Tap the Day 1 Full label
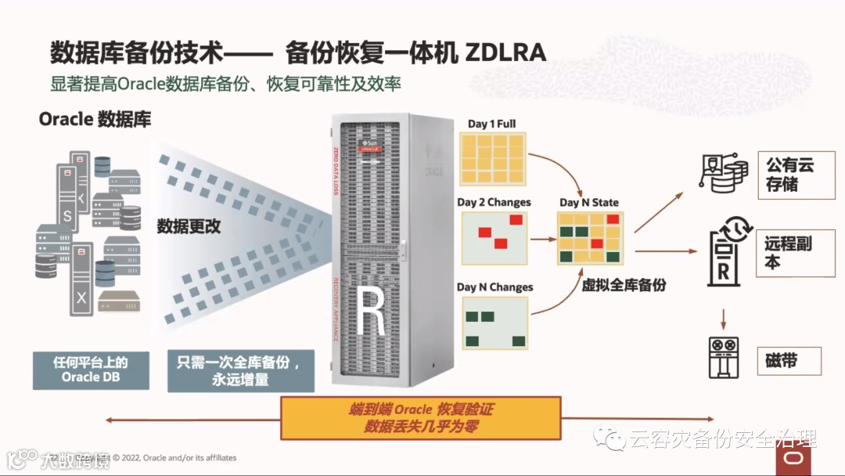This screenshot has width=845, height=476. pos(491,124)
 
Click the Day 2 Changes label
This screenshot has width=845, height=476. pos(494,202)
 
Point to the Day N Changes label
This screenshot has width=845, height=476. pos(494,287)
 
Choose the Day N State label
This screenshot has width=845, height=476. pos(588,202)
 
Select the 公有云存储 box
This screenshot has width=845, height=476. pos(790,175)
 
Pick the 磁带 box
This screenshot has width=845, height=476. pos(789,361)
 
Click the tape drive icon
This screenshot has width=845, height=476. pos(723,359)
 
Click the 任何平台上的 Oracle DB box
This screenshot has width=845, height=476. pos(92,370)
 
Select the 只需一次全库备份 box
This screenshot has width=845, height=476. pos(240,370)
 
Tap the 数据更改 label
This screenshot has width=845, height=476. pos(189,226)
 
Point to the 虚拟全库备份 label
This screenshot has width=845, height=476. pos(624,285)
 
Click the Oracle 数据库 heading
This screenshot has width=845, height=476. pos(95,119)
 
